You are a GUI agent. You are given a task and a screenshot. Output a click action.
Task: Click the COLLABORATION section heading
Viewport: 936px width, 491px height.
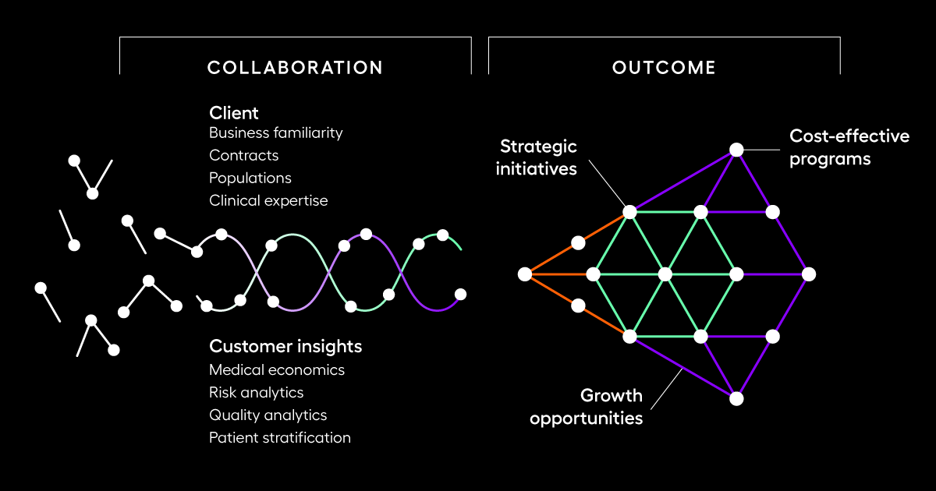pos(295,68)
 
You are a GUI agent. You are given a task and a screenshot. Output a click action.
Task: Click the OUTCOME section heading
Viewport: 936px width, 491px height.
pos(664,68)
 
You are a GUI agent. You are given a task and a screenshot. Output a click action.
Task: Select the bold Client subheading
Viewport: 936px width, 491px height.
pos(234,113)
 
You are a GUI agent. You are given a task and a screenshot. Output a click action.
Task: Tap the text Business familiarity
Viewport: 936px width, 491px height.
pos(276,132)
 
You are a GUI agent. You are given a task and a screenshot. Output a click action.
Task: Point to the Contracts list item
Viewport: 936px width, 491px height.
pos(244,155)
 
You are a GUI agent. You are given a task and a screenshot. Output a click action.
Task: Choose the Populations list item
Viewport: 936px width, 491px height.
pos(250,178)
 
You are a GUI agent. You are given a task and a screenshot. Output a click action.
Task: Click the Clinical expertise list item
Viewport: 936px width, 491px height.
pos(268,200)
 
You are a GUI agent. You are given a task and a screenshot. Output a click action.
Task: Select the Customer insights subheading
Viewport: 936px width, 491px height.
pos(285,346)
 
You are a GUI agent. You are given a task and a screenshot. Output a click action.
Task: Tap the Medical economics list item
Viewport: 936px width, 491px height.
pos(277,369)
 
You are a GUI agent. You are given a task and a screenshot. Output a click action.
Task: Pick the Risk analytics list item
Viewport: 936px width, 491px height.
pos(257,392)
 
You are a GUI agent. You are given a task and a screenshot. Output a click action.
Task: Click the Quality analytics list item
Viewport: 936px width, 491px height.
pos(268,415)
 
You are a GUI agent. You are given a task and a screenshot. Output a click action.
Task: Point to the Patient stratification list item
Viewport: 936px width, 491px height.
pos(280,437)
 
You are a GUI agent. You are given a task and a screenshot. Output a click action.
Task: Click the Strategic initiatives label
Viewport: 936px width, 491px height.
pos(537,157)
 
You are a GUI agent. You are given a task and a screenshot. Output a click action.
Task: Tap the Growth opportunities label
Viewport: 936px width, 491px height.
pos(587,406)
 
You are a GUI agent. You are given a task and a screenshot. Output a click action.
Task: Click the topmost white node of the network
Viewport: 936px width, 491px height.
pos(736,149)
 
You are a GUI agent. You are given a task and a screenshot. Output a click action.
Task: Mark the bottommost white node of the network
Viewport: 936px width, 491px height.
pos(736,398)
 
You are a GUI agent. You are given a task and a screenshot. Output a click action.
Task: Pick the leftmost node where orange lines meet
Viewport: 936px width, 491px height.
pos(525,274)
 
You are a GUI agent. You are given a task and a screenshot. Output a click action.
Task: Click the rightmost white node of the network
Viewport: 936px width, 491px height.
pos(809,274)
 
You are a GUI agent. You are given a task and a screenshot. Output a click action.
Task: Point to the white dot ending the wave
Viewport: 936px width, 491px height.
pos(460,294)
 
